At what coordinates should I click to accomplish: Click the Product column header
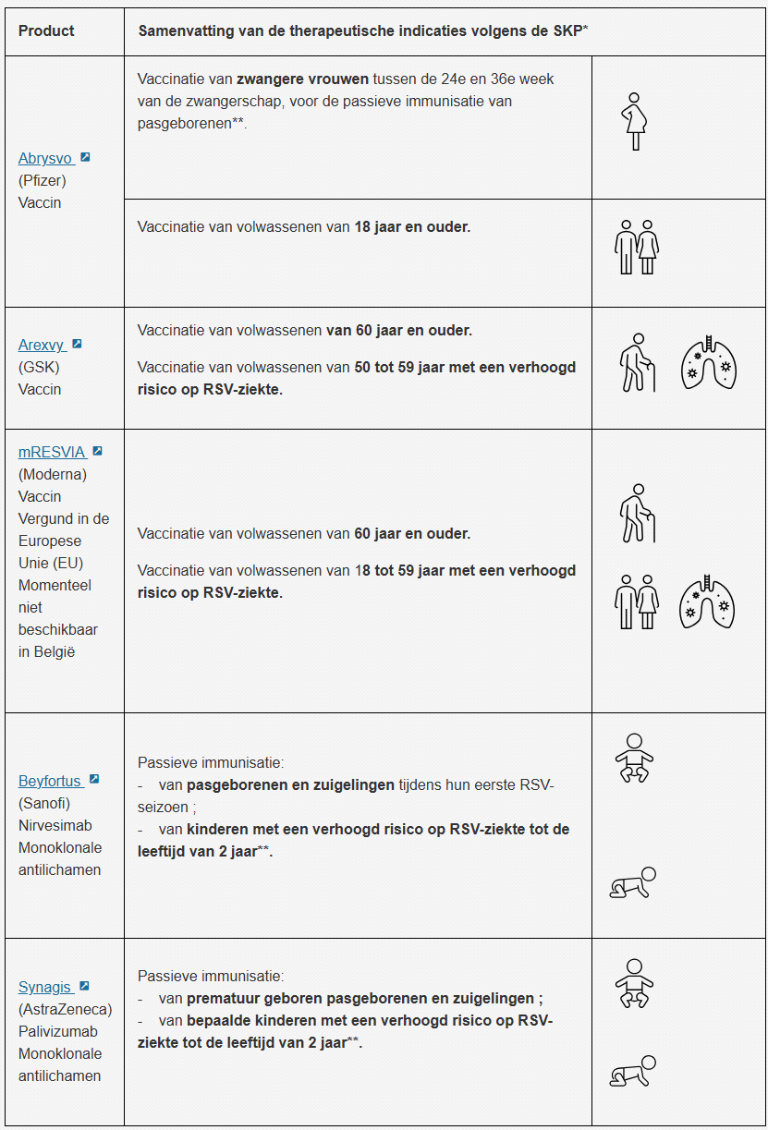(46, 30)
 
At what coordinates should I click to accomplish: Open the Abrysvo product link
(45, 158)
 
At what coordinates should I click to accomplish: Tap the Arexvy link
(42, 345)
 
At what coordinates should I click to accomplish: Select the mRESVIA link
(52, 452)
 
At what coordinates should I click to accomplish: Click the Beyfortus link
(50, 781)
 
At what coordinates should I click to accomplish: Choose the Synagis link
(45, 987)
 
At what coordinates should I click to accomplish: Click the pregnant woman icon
(635, 121)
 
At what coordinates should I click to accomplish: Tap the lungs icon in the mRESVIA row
(707, 602)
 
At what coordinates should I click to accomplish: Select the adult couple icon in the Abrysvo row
(637, 247)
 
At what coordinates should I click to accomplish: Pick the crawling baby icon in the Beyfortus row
(633, 883)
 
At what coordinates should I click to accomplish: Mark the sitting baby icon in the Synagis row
(634, 983)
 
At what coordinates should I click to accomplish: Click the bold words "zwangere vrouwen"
(302, 79)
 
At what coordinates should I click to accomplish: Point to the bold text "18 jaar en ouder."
(412, 226)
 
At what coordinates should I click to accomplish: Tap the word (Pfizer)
(43, 180)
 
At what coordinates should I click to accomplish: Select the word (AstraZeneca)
(65, 1009)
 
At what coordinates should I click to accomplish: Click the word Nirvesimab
(55, 825)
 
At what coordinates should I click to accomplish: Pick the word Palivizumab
(58, 1031)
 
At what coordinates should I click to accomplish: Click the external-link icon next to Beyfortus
(93, 780)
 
